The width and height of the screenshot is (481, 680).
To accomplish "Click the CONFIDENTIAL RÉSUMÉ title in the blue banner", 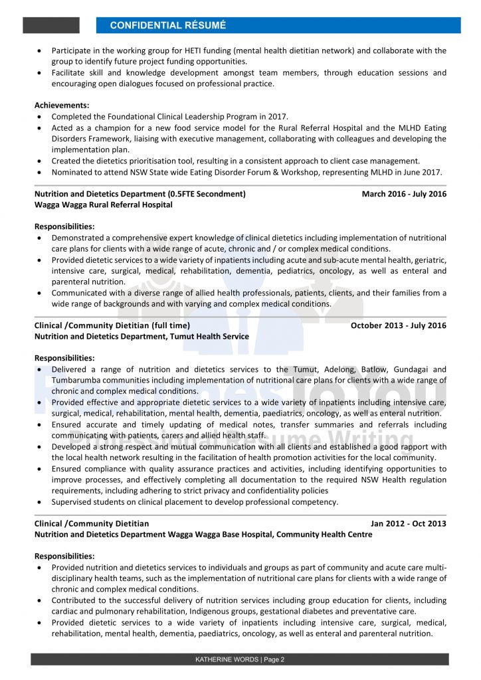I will tap(167, 25).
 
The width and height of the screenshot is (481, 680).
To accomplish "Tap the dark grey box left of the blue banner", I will tap(51, 25).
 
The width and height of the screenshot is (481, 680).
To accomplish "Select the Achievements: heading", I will tap(62, 105).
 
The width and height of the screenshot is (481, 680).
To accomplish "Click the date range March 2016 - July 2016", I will tap(404, 194).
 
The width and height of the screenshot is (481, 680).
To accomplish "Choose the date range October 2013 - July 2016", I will tap(399, 325).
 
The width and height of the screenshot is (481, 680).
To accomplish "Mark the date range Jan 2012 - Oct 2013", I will tap(409, 523).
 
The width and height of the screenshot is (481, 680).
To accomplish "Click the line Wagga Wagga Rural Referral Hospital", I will tap(103, 205).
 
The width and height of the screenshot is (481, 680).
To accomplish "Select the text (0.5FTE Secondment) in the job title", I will tap(205, 194).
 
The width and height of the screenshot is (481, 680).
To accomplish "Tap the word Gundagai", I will tap(413, 369).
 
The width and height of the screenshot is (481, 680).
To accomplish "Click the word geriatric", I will tap(429, 260).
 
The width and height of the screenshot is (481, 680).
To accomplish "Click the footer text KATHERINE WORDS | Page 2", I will tap(240, 659).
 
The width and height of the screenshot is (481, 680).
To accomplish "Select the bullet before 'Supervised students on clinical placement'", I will tap(40, 502).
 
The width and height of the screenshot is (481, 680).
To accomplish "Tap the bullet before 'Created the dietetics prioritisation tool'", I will tap(40, 161).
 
